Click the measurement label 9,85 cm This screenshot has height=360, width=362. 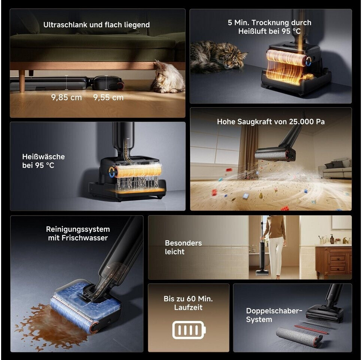click(66, 97)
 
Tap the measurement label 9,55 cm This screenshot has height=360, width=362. click(108, 97)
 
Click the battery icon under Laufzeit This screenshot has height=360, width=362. click(189, 330)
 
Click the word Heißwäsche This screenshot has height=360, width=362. click(43, 157)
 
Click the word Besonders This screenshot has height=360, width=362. click(183, 243)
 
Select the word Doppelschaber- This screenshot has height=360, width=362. click(274, 311)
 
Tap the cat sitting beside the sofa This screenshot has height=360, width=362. click(168, 77)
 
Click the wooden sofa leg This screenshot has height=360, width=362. click(22, 81)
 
